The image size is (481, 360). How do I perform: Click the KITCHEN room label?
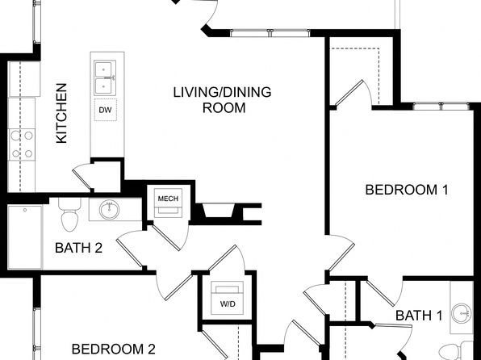point(61,113)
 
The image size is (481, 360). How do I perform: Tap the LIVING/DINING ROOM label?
point(223,100)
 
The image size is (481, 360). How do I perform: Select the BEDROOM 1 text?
point(407,190)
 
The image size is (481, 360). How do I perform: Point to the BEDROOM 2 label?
point(114,349)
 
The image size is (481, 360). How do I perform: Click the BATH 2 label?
point(78,248)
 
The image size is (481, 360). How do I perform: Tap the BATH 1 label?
point(419,315)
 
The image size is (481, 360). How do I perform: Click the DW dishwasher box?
point(105,110)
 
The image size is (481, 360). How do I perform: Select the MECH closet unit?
point(168,203)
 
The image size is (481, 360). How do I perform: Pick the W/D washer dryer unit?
point(228,298)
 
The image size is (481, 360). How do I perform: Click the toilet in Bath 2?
point(69,214)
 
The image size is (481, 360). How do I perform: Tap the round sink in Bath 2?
point(109,210)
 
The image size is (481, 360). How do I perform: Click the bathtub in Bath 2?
point(25,237)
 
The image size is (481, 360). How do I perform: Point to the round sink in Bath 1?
point(462,313)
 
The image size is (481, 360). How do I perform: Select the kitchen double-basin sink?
point(105,77)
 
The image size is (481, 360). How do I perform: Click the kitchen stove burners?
point(22,144)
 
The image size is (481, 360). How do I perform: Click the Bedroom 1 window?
point(441,107)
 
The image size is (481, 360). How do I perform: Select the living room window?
point(270,33)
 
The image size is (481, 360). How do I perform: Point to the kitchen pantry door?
point(82,177)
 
